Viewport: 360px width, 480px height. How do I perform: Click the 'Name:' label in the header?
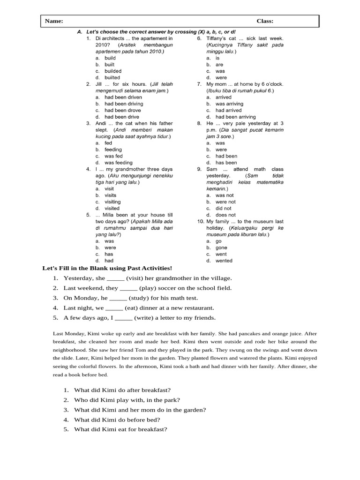click(x=54, y=21)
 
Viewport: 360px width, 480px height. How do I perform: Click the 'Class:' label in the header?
click(x=265, y=21)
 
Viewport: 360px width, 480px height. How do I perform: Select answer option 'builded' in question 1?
click(x=113, y=71)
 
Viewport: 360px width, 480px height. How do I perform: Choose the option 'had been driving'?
click(x=124, y=104)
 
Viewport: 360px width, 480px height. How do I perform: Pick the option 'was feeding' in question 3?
click(x=119, y=163)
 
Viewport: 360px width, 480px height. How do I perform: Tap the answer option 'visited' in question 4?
click(x=112, y=208)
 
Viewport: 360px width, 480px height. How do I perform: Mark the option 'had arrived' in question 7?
click(x=229, y=110)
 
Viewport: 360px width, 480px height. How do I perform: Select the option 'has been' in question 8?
click(x=226, y=163)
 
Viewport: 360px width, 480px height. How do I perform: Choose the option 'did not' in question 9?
click(x=224, y=208)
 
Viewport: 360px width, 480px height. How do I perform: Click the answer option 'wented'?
click(x=224, y=261)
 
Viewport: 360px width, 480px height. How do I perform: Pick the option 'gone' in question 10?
click(x=221, y=247)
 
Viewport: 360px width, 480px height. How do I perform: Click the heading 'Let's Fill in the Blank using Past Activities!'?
click(x=107, y=268)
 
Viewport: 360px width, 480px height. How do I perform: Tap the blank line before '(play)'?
click(x=129, y=288)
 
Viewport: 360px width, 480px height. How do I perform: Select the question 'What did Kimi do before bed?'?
click(x=117, y=420)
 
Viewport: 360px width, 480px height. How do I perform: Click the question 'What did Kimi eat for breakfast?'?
click(x=120, y=429)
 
